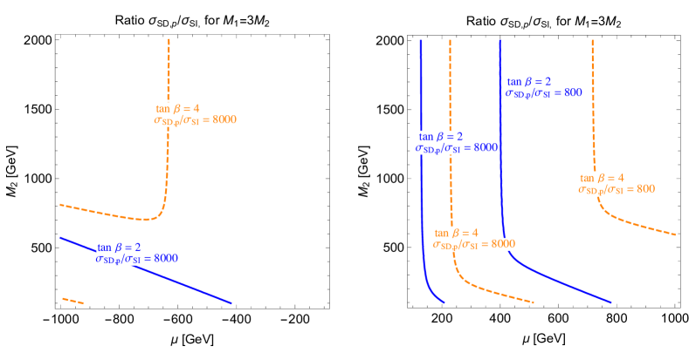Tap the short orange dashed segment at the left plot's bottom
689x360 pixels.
pos(72,301)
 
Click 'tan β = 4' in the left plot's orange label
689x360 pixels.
pos(177,108)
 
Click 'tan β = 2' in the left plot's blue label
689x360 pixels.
pos(119,247)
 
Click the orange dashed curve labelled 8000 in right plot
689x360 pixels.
pos(451,174)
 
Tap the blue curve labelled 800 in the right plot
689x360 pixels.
pos(501,174)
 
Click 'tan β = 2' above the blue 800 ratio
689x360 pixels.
pos(529,80)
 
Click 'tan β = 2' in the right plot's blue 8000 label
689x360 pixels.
pos(441,136)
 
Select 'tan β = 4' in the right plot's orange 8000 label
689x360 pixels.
pos(456,233)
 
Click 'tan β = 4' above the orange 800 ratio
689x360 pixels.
pos(602,177)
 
